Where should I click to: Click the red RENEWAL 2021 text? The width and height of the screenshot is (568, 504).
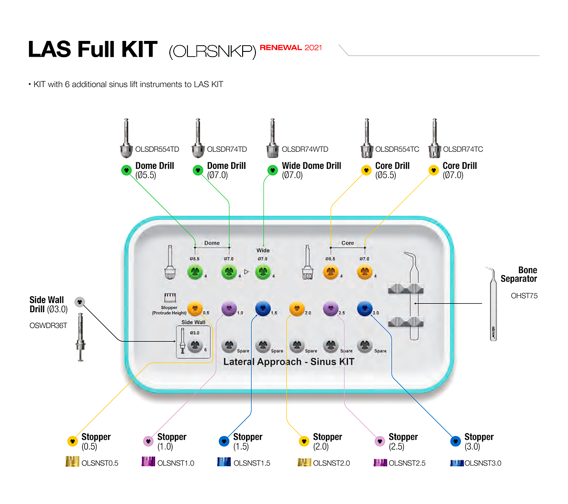tap(291, 48)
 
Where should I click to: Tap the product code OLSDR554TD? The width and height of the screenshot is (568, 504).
tap(157, 149)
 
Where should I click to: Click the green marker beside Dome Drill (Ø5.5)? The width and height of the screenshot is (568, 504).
tap(127, 170)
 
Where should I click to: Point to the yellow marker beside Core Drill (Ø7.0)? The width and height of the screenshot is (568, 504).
tap(433, 170)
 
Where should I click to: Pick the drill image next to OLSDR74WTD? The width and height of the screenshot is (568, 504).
tap(272, 139)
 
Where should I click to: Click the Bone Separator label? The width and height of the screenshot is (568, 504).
tap(519, 274)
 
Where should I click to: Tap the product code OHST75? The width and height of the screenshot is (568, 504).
tap(524, 296)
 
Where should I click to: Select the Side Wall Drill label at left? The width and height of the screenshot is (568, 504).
tap(48, 304)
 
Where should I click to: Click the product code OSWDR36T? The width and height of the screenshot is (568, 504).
tap(48, 326)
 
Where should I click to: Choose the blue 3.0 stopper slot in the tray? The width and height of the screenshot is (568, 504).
tap(365, 308)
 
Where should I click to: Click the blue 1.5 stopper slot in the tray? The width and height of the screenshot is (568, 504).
tap(263, 308)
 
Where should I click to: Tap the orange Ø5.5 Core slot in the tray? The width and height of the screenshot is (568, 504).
tap(331, 272)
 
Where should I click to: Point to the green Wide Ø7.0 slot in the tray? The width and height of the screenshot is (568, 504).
tap(263, 272)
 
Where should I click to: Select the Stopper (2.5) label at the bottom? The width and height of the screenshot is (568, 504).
tap(403, 441)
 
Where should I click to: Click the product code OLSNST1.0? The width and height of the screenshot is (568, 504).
tap(176, 463)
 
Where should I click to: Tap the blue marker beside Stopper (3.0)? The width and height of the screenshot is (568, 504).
tap(455, 441)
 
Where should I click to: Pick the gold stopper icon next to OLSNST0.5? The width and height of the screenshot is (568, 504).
tap(72, 462)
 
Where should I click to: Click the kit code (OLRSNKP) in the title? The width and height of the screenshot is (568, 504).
tap(212, 51)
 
